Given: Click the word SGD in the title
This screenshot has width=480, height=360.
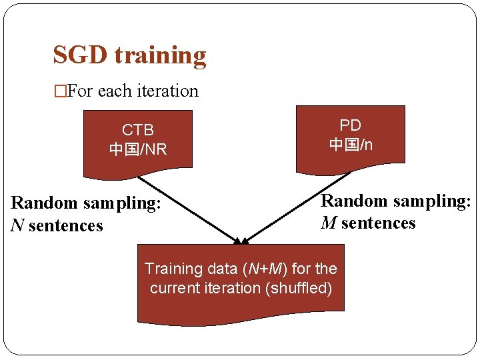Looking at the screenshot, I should [81, 55].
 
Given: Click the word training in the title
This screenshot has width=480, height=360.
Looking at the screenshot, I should [160, 56].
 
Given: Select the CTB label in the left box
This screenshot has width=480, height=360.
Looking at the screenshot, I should [137, 129].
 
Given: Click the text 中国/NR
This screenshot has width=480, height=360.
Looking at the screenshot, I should [137, 149].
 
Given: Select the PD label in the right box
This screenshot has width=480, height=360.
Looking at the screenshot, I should [350, 125].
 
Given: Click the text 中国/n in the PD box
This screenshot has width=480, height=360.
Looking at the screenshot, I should [350, 144].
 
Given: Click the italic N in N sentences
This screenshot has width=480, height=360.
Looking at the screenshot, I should [17, 226].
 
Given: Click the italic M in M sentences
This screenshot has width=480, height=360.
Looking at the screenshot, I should [329, 223].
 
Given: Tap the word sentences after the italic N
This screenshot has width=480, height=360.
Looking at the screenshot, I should [66, 226].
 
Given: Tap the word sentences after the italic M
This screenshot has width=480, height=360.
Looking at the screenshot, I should [378, 223].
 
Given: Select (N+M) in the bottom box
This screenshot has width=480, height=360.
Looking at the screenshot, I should [261, 269].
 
